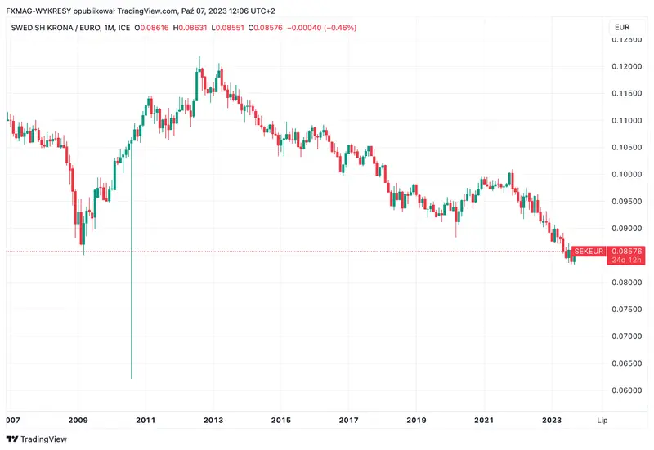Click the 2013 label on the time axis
(x=213, y=421)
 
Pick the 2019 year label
(x=415, y=421)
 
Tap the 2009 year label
(x=78, y=421)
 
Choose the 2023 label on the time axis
(x=552, y=421)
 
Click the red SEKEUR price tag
(x=588, y=251)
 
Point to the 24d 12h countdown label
(x=627, y=261)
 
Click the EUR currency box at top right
(x=621, y=27)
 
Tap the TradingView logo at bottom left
(x=38, y=439)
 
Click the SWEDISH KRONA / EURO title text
(x=63, y=28)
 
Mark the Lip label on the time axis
(x=602, y=421)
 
